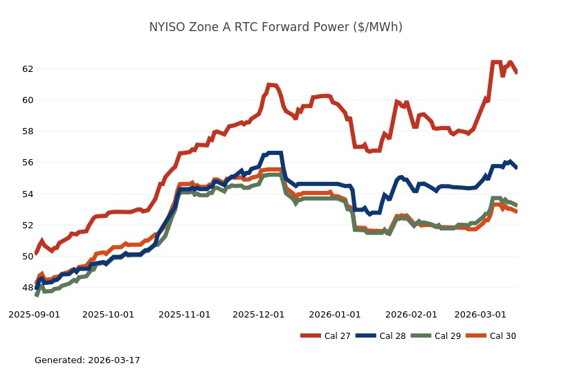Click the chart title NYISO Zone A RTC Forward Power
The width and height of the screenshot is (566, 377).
275,27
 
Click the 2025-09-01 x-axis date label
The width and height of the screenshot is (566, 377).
34,314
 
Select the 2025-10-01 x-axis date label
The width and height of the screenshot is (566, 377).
108,314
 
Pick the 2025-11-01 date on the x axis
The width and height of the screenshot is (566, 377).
184,314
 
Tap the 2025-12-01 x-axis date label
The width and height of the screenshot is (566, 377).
258,314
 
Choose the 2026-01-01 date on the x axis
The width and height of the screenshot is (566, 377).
335,314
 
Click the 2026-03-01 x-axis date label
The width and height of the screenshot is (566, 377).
481,314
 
